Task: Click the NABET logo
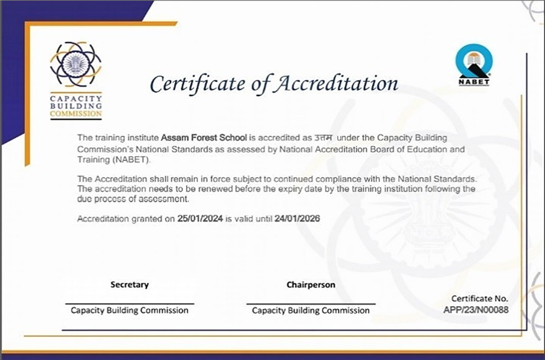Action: (473, 64)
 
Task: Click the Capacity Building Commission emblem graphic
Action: (75, 65)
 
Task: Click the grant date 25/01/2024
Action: (200, 219)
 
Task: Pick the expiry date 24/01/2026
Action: (297, 219)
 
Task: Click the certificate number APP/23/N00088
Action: (476, 309)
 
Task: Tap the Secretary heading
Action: (130, 285)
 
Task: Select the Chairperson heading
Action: (311, 285)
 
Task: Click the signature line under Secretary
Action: (130, 304)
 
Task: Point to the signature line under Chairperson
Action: (311, 304)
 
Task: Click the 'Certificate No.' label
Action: (479, 298)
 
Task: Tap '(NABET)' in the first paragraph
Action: (131, 159)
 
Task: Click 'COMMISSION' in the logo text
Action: (76, 114)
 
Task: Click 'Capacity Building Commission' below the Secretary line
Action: (130, 310)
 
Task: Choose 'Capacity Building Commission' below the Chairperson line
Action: (311, 310)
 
